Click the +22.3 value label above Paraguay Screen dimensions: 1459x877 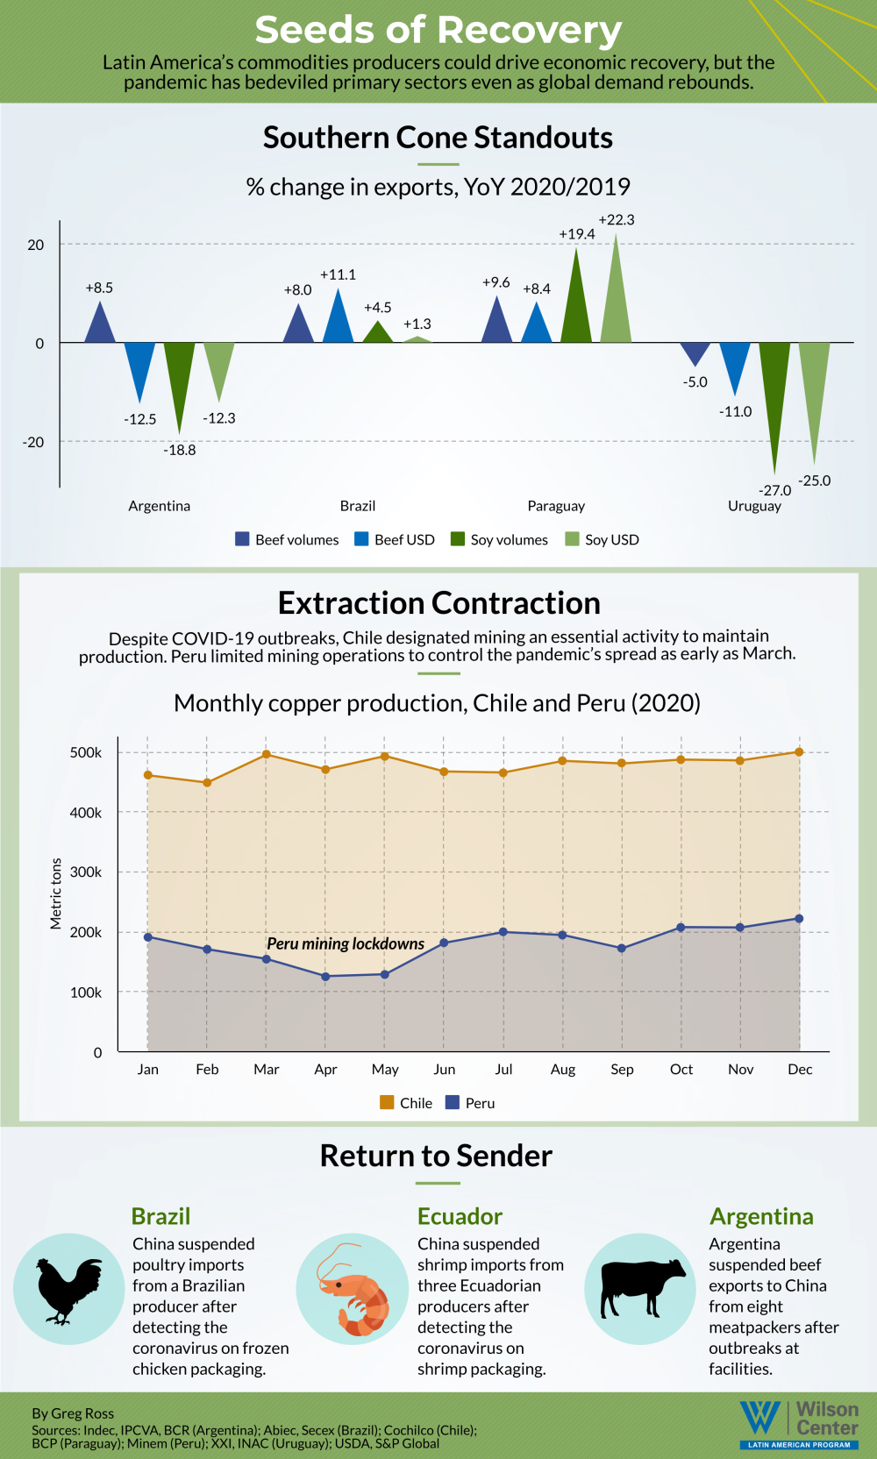(x=617, y=220)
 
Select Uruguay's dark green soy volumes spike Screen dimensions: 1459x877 (x=774, y=395)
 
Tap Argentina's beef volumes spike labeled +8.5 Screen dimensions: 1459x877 (x=100, y=324)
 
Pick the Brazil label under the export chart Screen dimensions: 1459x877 (x=358, y=506)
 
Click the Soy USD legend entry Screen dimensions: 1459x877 (x=602, y=539)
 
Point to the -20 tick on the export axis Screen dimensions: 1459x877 (x=33, y=442)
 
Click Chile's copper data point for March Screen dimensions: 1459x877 (x=267, y=754)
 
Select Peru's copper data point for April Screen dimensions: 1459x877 (x=325, y=976)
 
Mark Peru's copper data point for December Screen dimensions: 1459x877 (x=799, y=919)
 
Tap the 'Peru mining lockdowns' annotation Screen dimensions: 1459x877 (x=346, y=943)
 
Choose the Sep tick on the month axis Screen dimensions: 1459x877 (x=622, y=1070)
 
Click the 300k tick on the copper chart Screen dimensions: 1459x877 (x=86, y=872)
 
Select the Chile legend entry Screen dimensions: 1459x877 (x=406, y=1103)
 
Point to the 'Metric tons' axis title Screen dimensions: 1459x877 (x=56, y=893)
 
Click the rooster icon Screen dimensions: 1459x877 (x=68, y=1290)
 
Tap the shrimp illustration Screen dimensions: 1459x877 (x=353, y=1290)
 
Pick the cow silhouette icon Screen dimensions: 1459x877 (x=640, y=1289)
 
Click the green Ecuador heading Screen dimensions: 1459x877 (x=460, y=1216)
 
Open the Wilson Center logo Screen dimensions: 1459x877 (x=799, y=1424)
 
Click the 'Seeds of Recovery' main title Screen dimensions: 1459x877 (x=438, y=30)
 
